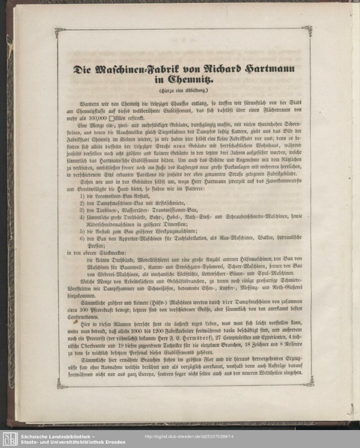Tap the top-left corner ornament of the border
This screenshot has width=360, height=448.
coord(60,32)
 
